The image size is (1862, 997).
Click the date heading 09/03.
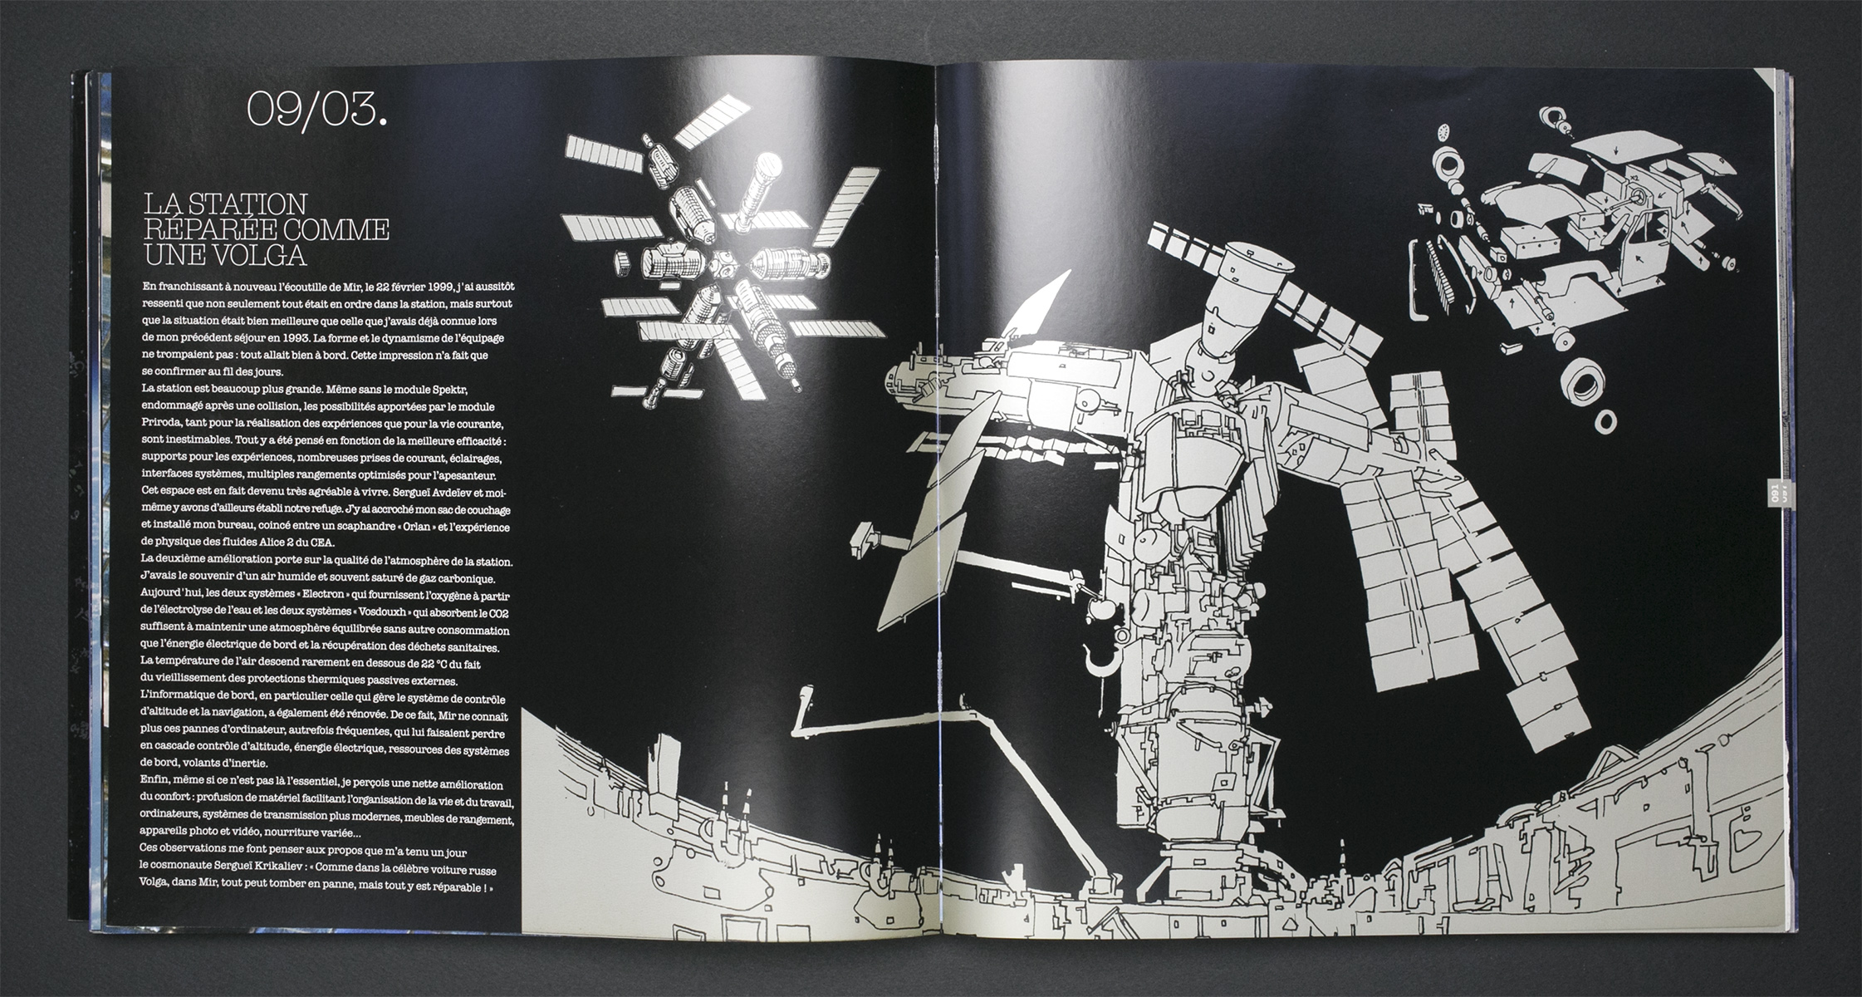[316, 108]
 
